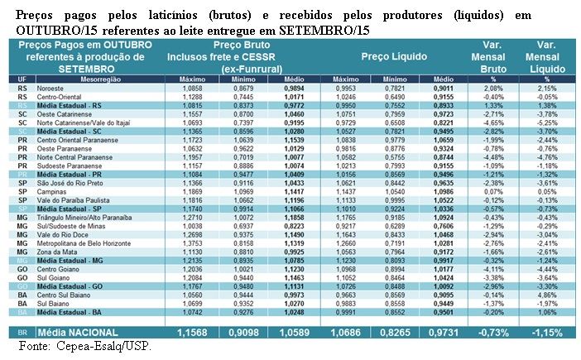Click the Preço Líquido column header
[x=394, y=57]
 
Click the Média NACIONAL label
[x=75, y=332]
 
